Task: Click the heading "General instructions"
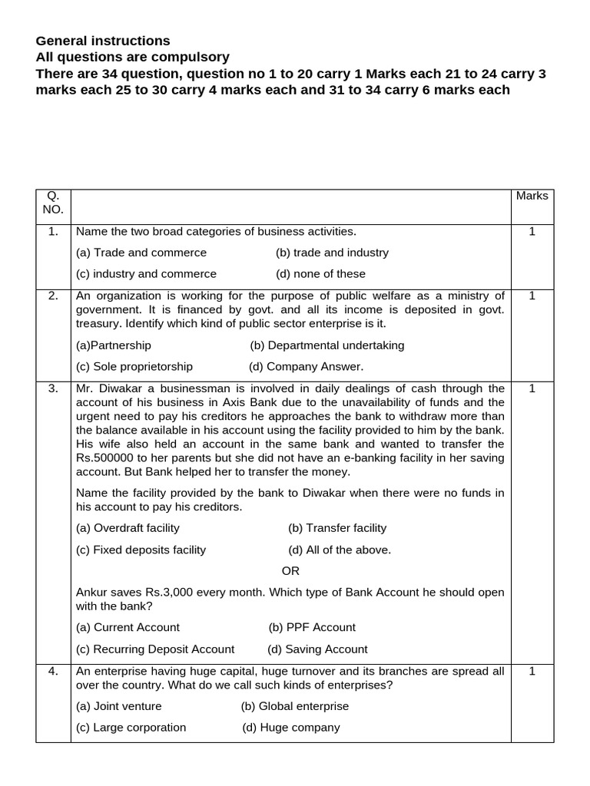tap(103, 41)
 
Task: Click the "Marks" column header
tap(532, 196)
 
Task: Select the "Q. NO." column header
tap(53, 203)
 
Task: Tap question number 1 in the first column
tap(53, 231)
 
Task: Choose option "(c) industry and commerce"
tap(146, 274)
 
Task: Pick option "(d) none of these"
tap(320, 274)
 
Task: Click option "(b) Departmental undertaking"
tap(327, 345)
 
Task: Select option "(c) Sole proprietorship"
tap(134, 367)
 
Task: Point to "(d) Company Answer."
tap(307, 367)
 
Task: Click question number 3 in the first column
tap(53, 388)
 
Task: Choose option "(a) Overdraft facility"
tap(128, 528)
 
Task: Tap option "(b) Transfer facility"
tap(337, 528)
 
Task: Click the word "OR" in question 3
tap(290, 571)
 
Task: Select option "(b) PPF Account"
tap(312, 627)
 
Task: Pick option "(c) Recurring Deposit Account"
tap(155, 649)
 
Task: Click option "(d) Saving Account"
tap(317, 649)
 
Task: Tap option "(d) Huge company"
tap(290, 728)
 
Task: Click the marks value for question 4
tap(532, 671)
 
